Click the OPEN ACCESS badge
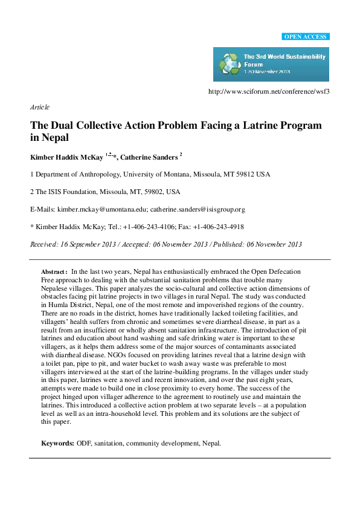tap(306, 37)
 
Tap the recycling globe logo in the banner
tap(229, 63)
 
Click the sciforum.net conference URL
tap(268, 92)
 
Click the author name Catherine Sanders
tap(149, 157)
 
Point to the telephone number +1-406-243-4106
tap(137, 227)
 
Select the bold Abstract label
tap(54, 273)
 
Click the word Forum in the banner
tap(251, 63)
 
